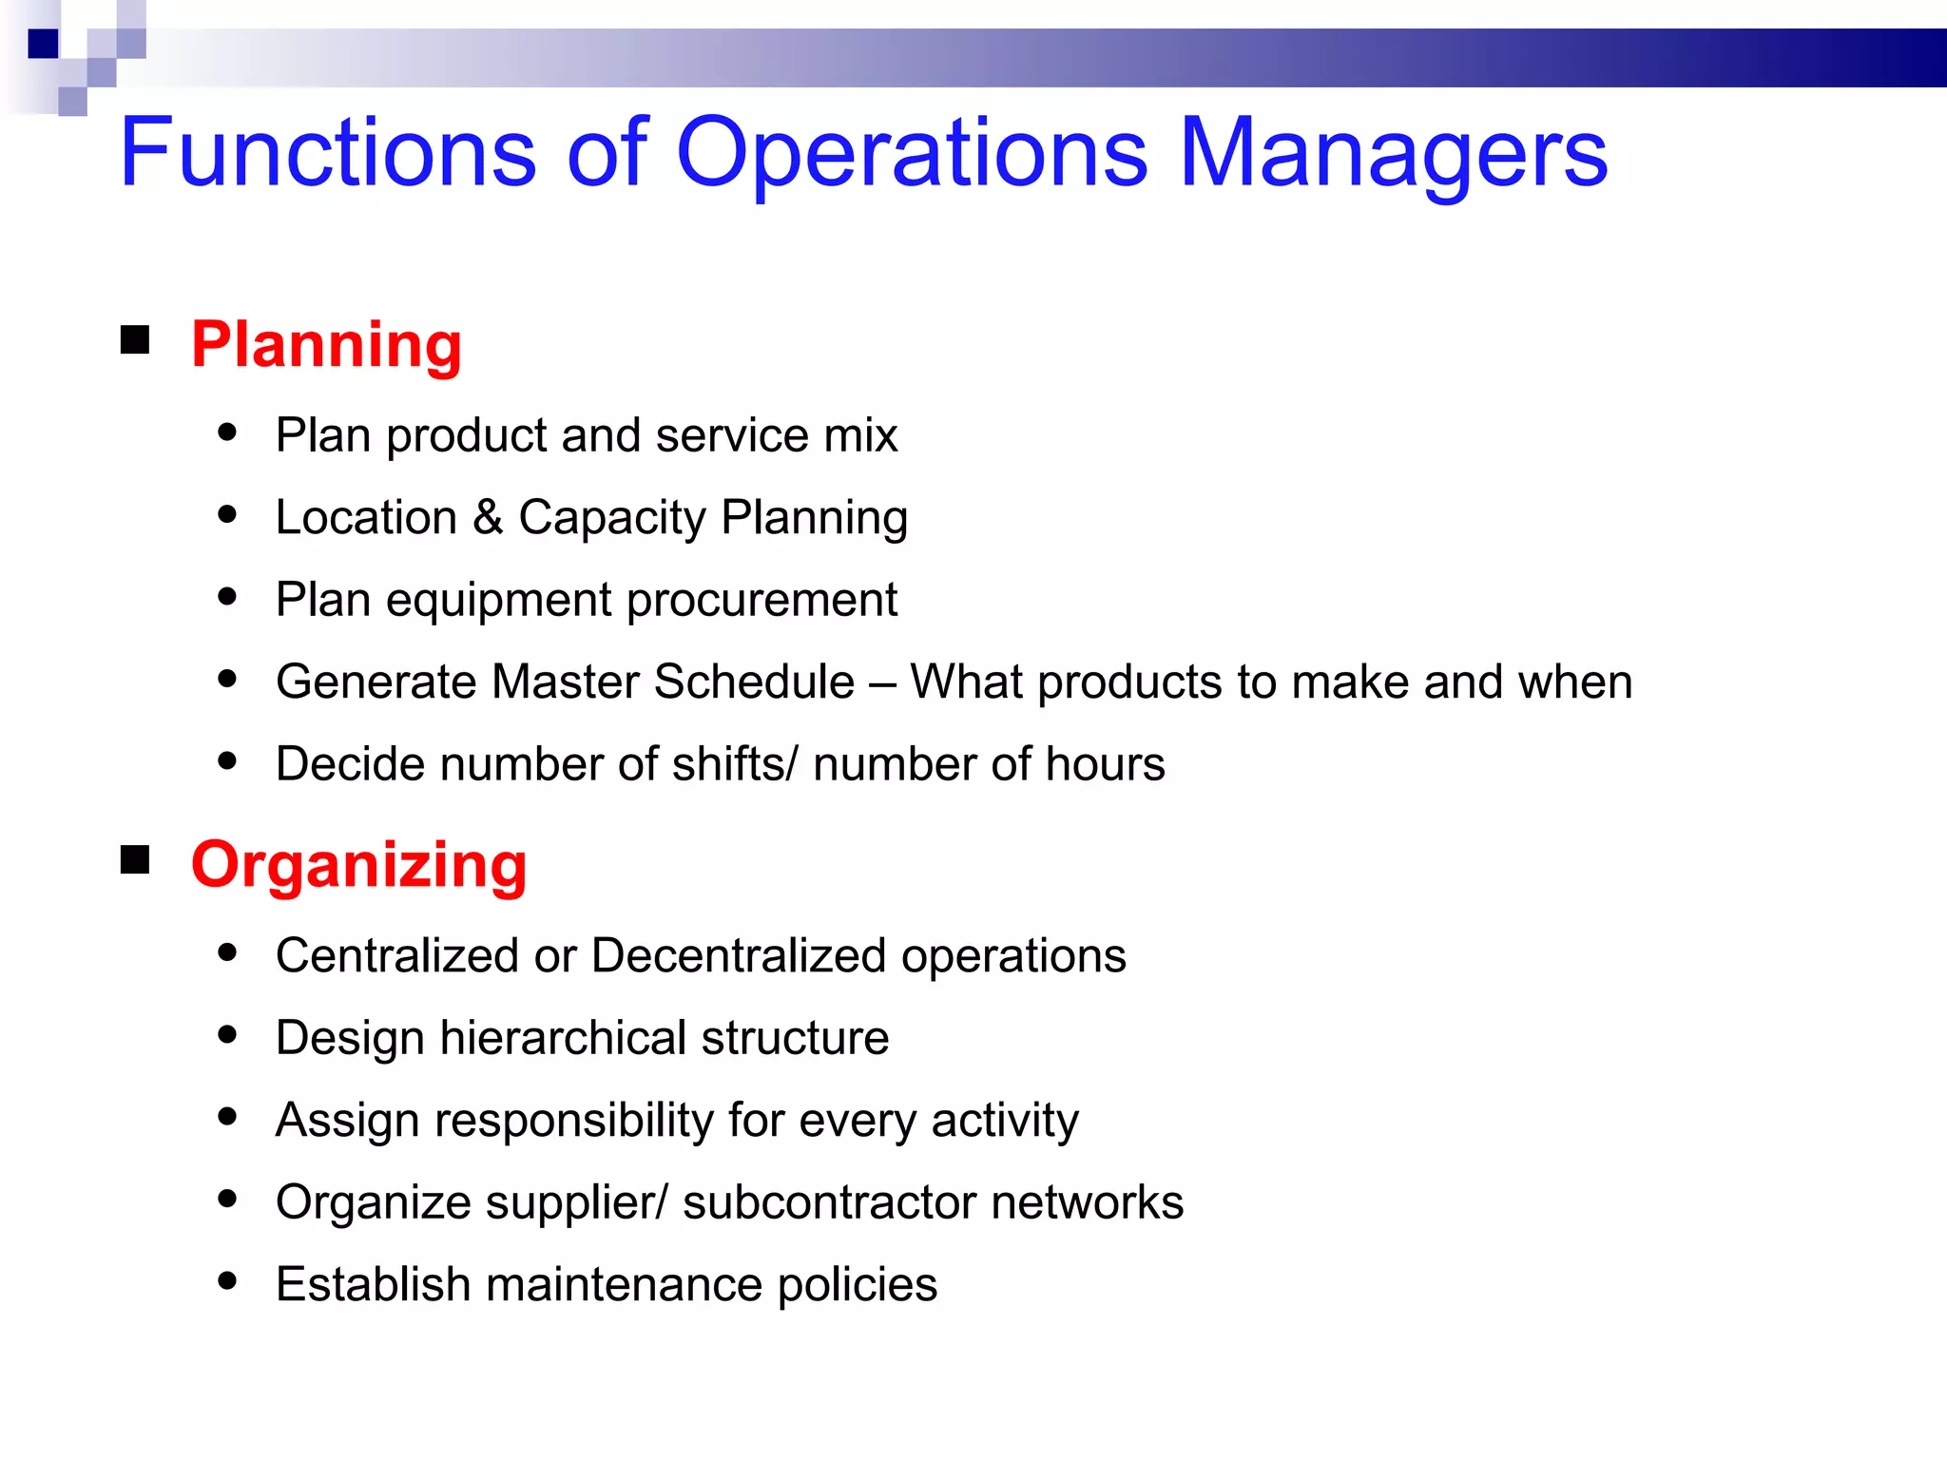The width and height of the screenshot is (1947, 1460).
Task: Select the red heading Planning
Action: [x=326, y=344]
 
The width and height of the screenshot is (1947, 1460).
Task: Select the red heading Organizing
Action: [x=358, y=865]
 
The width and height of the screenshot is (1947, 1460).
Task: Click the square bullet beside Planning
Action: [x=136, y=339]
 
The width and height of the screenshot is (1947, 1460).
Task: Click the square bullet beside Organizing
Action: [x=136, y=859]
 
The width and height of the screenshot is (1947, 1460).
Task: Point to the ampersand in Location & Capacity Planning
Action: [x=487, y=518]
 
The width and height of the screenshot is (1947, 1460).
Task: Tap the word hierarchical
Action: [x=563, y=1038]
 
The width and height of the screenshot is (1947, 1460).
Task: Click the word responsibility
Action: [x=574, y=1120]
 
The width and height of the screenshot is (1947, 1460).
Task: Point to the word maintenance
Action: [x=624, y=1284]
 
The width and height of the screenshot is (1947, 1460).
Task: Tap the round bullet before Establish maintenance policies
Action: [x=227, y=1281]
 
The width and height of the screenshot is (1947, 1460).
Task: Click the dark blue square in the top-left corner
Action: [x=44, y=44]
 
